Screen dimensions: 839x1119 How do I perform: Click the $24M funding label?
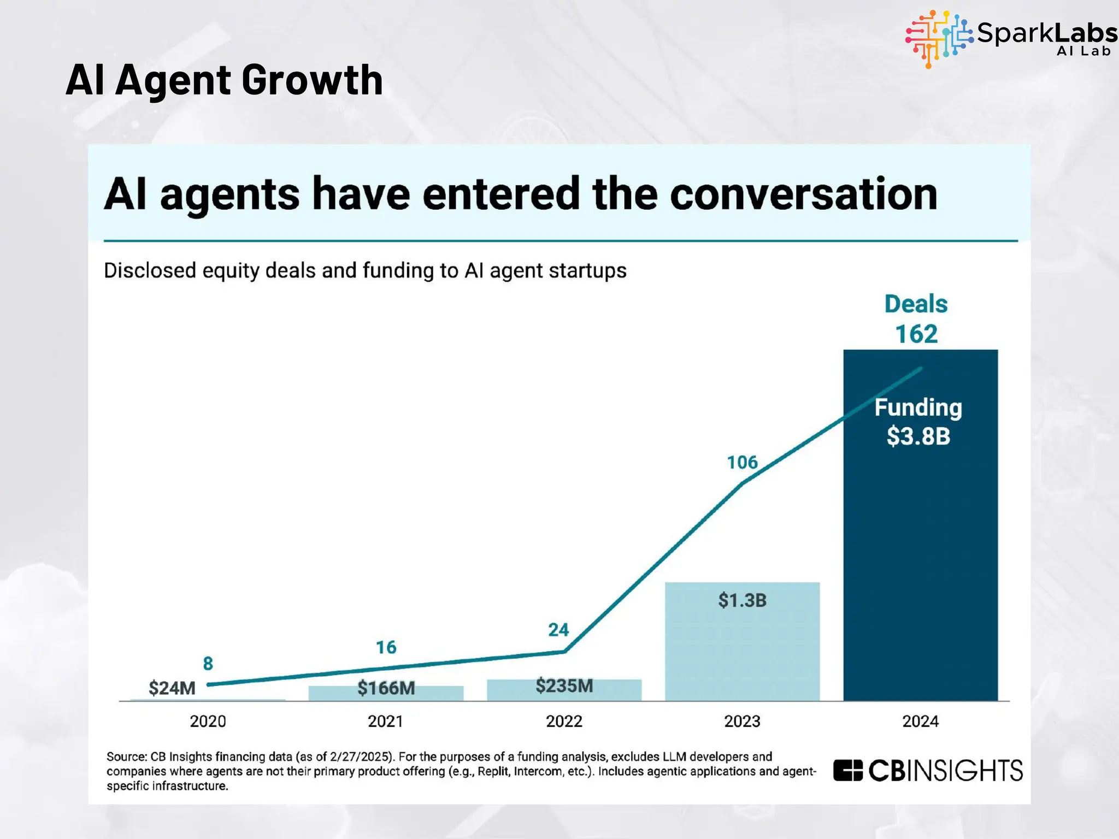[172, 688]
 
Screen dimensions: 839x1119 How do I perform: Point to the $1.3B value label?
[742, 600]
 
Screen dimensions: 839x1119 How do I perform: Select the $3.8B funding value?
[918, 436]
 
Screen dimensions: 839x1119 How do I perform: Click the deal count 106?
[742, 463]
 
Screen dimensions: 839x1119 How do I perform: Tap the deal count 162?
[916, 334]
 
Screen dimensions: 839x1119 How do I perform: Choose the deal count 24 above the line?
[558, 630]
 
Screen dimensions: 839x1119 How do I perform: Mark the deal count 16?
[386, 647]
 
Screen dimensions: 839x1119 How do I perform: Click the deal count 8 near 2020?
[208, 664]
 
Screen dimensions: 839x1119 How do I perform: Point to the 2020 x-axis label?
[208, 722]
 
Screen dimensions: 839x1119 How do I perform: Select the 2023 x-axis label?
[742, 722]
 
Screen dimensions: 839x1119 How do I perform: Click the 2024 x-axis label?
[920, 722]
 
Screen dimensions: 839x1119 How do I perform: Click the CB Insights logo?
[928, 771]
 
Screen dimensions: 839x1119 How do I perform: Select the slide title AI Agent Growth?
[224, 80]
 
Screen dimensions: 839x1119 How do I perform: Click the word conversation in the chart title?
[803, 194]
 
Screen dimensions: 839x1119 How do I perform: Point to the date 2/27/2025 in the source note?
[360, 757]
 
